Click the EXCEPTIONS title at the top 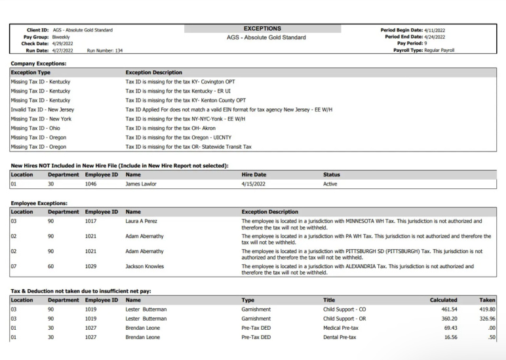(x=262, y=29)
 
